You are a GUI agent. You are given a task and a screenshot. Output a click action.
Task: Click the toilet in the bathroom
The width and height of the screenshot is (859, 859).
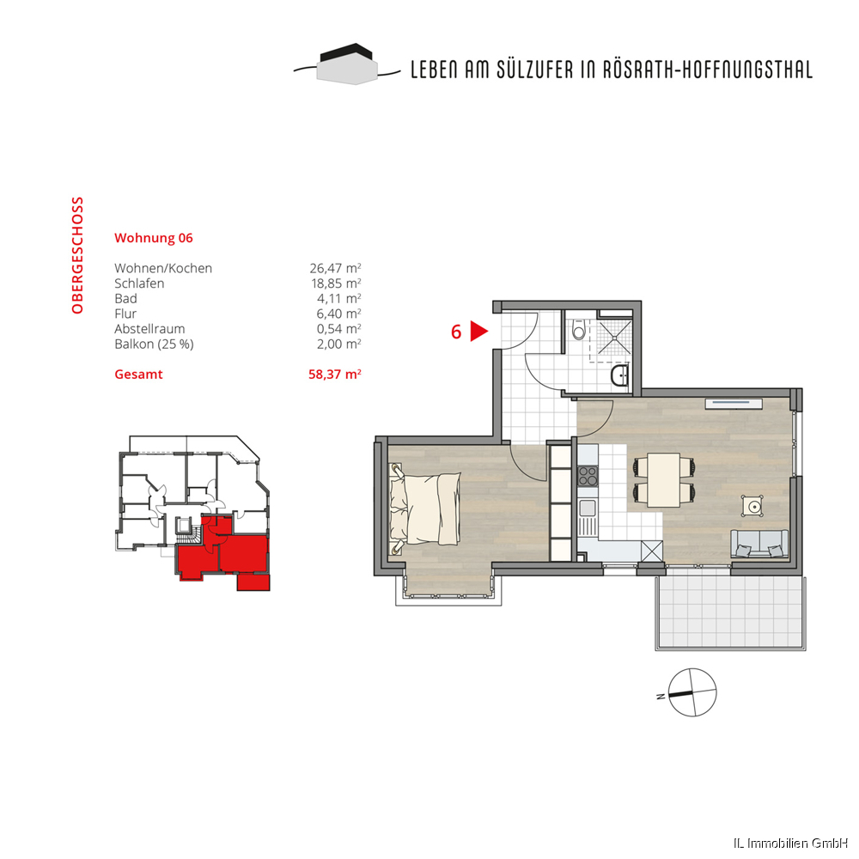pos(578,330)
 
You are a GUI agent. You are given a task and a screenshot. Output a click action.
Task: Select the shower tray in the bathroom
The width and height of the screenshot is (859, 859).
pos(613,337)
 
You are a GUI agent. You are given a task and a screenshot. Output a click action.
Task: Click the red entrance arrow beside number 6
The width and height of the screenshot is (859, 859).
pos(478,332)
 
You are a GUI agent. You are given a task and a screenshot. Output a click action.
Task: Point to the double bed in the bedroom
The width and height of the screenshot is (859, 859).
pos(424,509)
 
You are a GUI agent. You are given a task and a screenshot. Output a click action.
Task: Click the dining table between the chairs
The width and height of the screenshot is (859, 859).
pos(663,480)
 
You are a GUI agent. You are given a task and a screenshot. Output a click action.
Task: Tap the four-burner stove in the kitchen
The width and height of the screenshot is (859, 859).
pos(588,476)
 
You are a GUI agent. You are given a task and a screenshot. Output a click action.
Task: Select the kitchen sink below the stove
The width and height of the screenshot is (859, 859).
pos(588,517)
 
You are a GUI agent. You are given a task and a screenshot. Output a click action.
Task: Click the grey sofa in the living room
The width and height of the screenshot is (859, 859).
pos(759,544)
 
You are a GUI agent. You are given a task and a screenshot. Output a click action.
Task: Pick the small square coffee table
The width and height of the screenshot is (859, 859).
pos(753,506)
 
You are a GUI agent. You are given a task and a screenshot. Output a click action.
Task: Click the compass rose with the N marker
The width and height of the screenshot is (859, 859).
pos(691,692)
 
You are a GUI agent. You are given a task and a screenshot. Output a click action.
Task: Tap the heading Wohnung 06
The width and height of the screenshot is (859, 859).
pos(154,238)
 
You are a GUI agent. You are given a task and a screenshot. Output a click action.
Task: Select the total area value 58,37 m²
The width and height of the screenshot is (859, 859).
pos(335,375)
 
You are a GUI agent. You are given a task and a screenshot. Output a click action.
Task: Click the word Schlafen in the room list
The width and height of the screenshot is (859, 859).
pos(139,283)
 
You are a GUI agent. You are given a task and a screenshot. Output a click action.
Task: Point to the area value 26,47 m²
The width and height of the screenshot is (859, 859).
pos(335,268)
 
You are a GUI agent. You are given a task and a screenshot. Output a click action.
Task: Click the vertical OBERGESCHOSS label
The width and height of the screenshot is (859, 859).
pos(77,255)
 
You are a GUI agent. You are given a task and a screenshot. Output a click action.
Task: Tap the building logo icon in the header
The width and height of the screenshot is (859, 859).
pos(347,64)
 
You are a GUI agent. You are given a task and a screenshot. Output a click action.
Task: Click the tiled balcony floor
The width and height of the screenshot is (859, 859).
pos(730,610)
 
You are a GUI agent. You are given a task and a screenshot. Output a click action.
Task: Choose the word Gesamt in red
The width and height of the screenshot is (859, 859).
pos(138,375)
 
